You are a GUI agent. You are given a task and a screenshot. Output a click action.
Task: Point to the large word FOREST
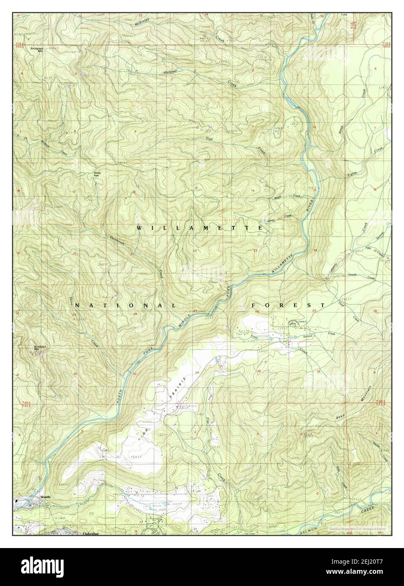tap(288, 305)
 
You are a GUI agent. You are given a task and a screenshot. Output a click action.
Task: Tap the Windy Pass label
tap(96, 174)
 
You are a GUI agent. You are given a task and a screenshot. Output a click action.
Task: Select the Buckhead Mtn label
tap(28, 348)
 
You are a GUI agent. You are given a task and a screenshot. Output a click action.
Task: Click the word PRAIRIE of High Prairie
tap(177, 389)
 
